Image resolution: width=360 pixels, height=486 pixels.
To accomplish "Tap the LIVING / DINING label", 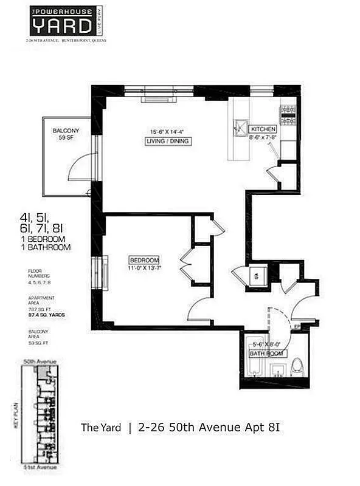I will point(168,142).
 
